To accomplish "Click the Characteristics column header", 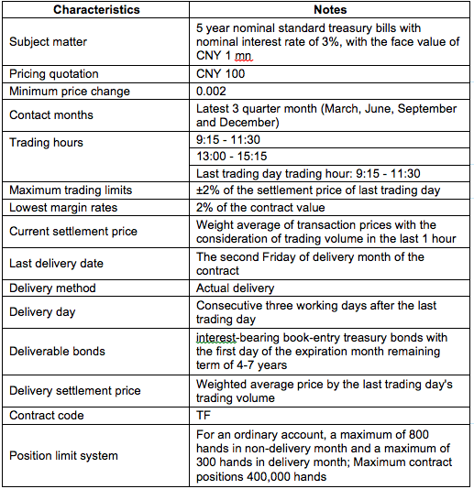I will (x=96, y=10).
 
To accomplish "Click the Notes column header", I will (x=330, y=10).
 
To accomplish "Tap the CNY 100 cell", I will (x=221, y=73).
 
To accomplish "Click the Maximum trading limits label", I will (x=71, y=190).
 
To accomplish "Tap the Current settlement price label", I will (x=72, y=232).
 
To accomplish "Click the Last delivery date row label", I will (x=56, y=264).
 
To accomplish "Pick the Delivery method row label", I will (x=51, y=288).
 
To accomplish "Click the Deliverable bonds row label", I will (x=57, y=351).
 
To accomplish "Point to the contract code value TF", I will (x=204, y=415).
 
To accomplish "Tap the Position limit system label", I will (x=63, y=455).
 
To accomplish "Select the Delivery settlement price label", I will (x=75, y=391).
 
